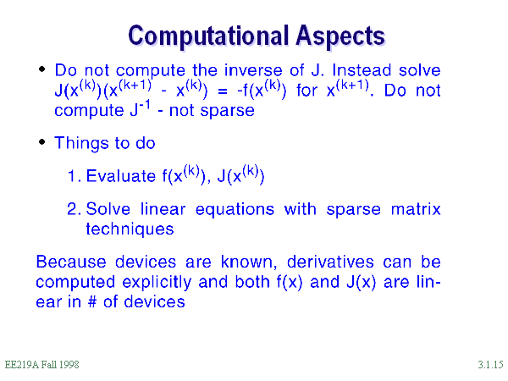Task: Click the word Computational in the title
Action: [208, 36]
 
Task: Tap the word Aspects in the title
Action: [340, 36]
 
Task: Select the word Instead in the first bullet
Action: [362, 70]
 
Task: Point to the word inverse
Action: [253, 70]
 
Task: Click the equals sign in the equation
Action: [222, 91]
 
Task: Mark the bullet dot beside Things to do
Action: [41, 142]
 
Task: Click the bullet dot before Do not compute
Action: [41, 69]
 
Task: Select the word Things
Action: [80, 144]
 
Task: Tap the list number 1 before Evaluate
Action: [73, 176]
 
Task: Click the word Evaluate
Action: [121, 176]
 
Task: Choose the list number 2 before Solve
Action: [73, 209]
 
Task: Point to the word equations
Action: [235, 210]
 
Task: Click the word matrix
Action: [416, 209]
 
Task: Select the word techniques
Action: [130, 229]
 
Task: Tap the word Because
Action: [71, 262]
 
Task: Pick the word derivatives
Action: [330, 262]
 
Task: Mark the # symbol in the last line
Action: [92, 302]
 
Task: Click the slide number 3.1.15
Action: [490, 365]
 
